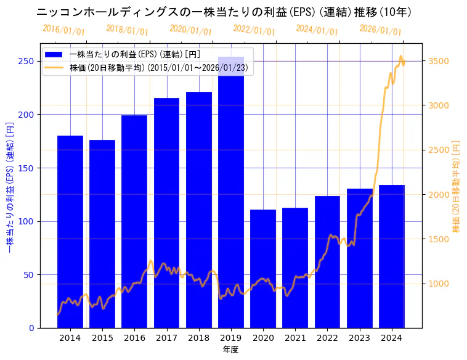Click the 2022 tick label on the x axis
click(327, 338)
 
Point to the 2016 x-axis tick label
click(134, 338)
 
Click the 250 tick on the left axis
click(26, 61)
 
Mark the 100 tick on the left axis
click(26, 221)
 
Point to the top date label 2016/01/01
click(63, 30)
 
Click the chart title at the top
click(224, 12)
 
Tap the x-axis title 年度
click(230, 350)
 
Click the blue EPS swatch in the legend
click(54, 54)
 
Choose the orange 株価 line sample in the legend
click(54, 68)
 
